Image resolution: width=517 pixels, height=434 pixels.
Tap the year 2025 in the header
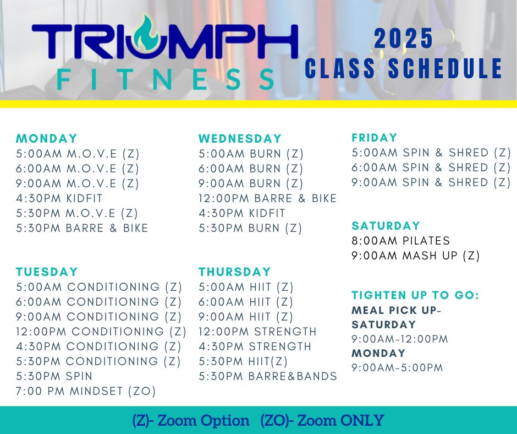pos(403,39)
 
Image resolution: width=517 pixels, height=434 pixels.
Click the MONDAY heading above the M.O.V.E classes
pos(47,138)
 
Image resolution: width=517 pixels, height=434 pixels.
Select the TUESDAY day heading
pos(47,272)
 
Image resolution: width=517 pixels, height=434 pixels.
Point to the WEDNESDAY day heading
pos(240,138)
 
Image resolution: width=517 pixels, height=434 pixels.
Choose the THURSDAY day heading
pos(235,272)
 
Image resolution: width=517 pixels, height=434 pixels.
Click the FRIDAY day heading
pos(374,137)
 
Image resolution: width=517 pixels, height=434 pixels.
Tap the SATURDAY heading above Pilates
pos(386,226)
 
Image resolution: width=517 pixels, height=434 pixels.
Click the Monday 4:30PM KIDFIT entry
pos(59,198)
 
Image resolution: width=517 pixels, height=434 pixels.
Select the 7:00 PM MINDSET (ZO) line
pos(86,391)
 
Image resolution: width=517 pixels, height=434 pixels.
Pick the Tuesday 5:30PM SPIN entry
pos(54,376)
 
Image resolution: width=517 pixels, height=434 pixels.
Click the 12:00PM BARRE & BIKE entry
pos(267,198)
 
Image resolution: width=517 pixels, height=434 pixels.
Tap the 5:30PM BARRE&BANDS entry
pos(268,376)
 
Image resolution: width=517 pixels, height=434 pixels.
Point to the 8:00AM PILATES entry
pos(400,241)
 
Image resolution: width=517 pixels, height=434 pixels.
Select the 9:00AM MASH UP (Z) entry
pos(415,256)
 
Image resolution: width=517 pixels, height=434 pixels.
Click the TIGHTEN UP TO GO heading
pos(415,295)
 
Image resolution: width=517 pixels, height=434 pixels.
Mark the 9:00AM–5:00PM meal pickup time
pos(397,367)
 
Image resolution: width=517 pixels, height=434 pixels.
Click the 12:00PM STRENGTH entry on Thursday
pos(257,332)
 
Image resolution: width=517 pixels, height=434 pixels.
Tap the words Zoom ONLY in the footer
pos(340,420)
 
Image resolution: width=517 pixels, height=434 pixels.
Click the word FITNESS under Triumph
pos(166,79)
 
